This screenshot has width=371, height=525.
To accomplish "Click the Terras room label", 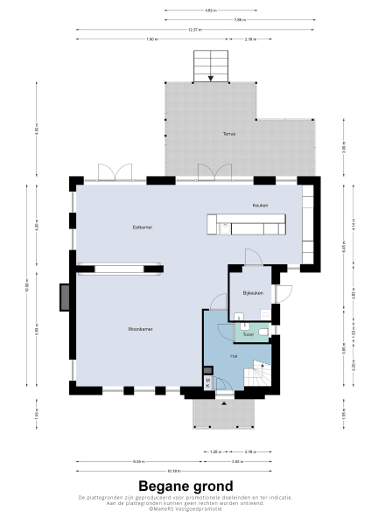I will coord(228,133).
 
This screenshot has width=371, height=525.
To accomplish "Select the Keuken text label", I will coord(260,206).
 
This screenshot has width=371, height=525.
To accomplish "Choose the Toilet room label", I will coord(248,333).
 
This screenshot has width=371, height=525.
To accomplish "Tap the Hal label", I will coord(234,357).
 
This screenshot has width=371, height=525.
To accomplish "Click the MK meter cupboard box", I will coord(207,381).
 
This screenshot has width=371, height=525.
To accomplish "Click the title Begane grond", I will coord(185,486).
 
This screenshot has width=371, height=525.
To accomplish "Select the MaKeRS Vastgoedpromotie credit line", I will coord(185,508).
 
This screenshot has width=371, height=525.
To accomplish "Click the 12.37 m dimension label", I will coord(194,29).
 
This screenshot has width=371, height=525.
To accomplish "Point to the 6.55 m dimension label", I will coord(138,461).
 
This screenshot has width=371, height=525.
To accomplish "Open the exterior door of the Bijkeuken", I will coord(280,293).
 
